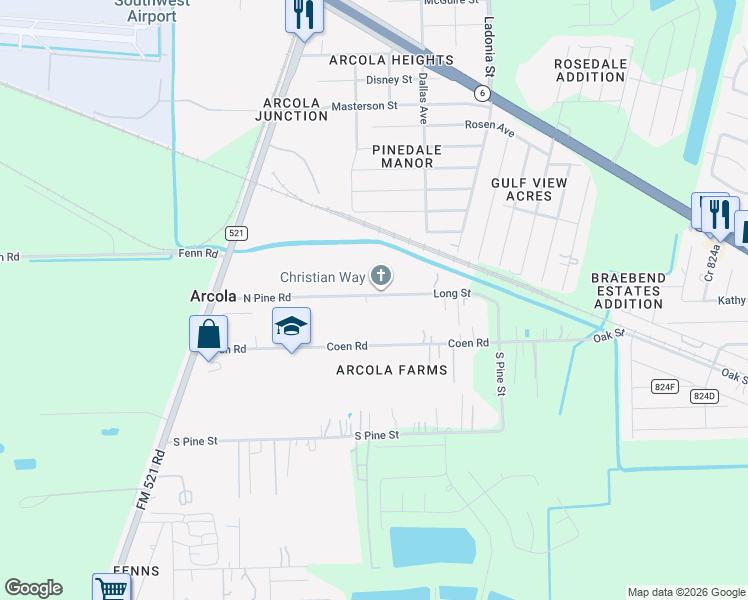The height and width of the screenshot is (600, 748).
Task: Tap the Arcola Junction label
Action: [x=295, y=109]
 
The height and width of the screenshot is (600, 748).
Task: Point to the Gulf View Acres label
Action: [x=529, y=189]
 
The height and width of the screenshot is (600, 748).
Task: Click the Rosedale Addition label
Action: [x=590, y=70]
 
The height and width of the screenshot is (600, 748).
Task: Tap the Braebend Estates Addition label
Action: [x=625, y=290]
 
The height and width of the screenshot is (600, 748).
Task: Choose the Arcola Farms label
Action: [x=391, y=370]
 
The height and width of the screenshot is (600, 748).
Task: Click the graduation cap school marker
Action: [x=291, y=327]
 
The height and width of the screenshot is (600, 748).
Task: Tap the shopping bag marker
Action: [x=209, y=334]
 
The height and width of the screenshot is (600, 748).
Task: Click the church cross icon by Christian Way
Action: [x=380, y=276]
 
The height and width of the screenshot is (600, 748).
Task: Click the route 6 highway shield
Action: [x=482, y=93]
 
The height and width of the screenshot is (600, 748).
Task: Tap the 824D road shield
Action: [x=704, y=396]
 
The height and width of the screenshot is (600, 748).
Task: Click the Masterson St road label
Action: [x=364, y=105]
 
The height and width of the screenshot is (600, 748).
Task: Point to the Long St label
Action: [x=451, y=293]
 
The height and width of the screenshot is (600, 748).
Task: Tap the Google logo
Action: [x=33, y=588]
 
